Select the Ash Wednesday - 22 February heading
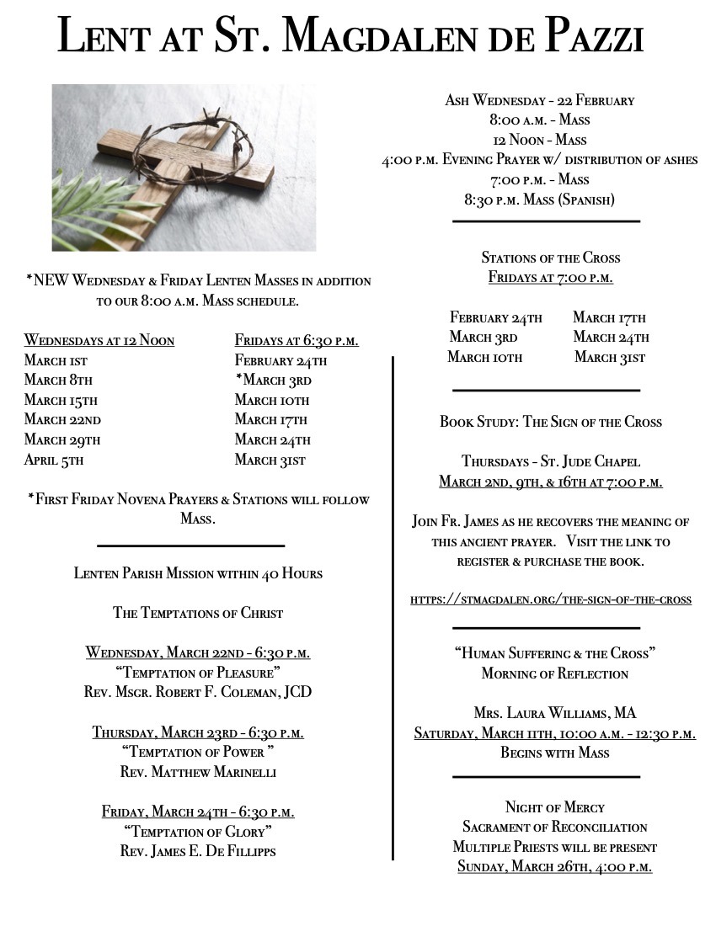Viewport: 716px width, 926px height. click(x=539, y=100)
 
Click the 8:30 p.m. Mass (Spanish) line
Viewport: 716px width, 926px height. click(x=539, y=200)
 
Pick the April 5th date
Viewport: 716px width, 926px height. click(x=54, y=460)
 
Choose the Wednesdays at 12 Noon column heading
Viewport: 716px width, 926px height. click(x=99, y=340)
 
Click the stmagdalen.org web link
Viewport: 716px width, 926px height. click(x=551, y=599)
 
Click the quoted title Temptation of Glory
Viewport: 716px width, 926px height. click(x=198, y=832)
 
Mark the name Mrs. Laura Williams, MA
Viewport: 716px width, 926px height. click(x=554, y=713)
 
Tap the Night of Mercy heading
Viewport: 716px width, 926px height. click(x=554, y=807)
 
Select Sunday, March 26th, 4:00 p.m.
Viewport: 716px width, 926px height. click(x=554, y=866)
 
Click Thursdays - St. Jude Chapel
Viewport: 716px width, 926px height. click(x=551, y=461)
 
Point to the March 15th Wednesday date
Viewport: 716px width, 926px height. click(x=61, y=400)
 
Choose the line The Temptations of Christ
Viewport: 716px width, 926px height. click(x=198, y=613)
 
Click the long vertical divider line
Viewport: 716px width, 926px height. click(x=393, y=606)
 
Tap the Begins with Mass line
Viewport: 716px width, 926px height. click(x=554, y=753)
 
